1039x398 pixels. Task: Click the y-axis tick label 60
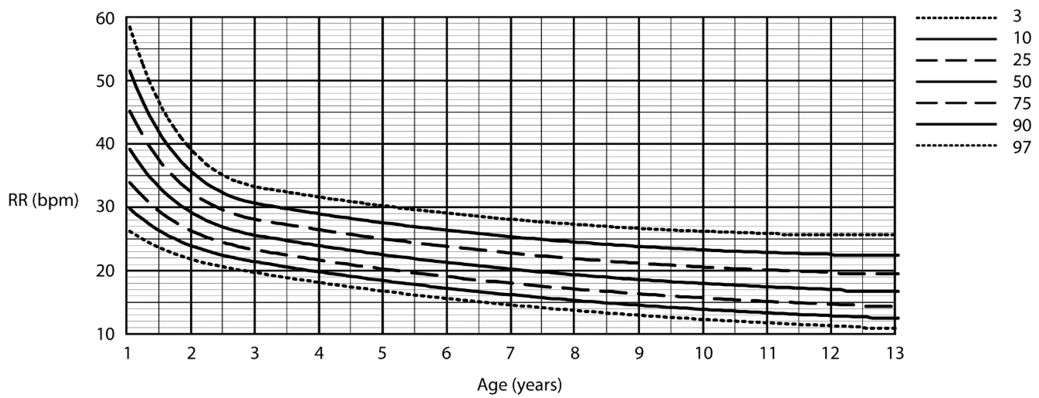(105, 19)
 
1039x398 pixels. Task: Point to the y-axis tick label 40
(105, 144)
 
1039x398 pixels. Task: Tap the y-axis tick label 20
(105, 271)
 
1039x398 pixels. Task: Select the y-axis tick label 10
(105, 334)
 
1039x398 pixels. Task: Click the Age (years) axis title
(519, 385)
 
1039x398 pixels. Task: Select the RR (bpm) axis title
(43, 201)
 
